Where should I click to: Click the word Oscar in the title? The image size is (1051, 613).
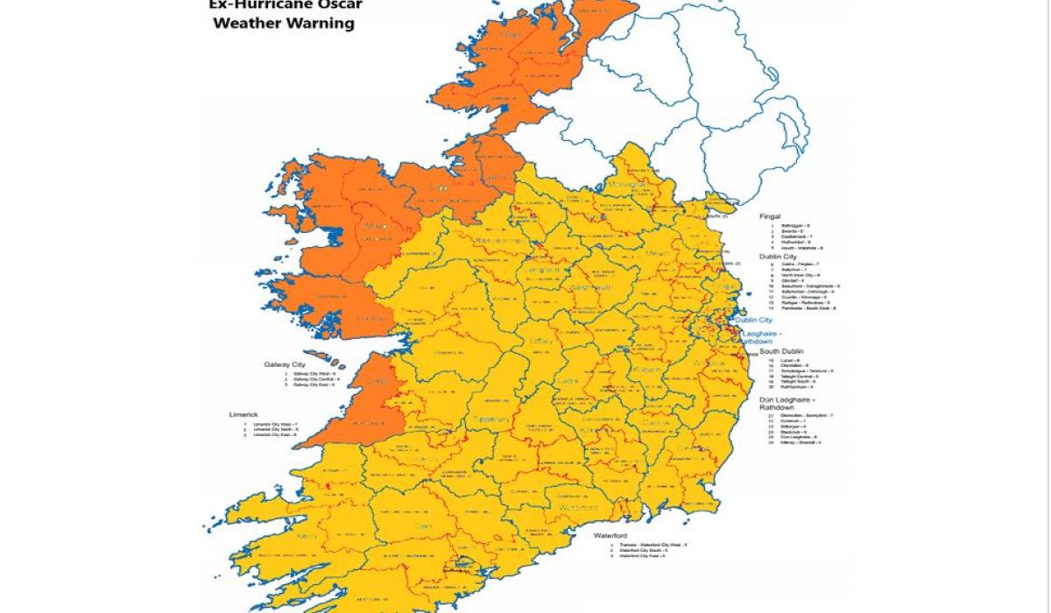coord(337,4)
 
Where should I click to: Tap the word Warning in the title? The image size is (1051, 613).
coord(321,24)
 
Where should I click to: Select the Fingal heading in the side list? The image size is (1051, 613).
coord(770,216)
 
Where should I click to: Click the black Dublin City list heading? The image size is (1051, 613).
coord(778,257)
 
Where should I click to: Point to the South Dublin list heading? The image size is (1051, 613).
coord(780,351)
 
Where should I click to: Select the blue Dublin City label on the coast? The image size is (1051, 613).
coord(754,321)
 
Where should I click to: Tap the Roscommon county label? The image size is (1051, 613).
coord(501,241)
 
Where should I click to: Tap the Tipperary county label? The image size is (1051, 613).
coord(491,420)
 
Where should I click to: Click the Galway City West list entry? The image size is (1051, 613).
coord(315,374)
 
